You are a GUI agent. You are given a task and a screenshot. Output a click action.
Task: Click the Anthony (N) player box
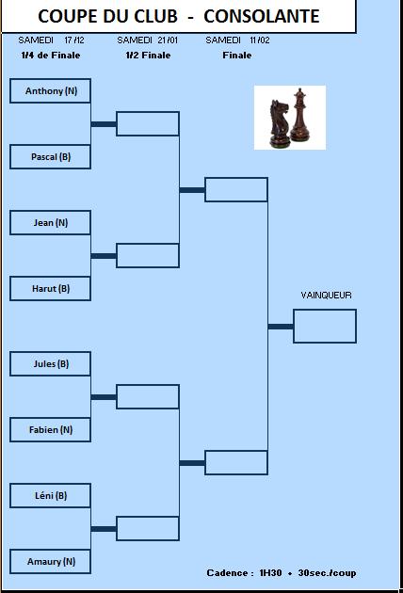(50, 90)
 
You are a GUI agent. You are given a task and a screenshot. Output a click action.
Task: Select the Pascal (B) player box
(50, 156)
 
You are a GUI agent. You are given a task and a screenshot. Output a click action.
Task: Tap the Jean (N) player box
(50, 222)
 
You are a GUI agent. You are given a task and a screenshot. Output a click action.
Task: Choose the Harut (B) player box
(50, 289)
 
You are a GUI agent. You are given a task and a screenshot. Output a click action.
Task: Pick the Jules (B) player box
(50, 364)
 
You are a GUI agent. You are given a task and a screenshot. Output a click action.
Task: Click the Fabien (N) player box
(50, 429)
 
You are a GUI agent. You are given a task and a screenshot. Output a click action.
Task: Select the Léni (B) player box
(50, 495)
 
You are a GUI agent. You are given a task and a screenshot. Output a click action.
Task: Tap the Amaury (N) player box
(50, 561)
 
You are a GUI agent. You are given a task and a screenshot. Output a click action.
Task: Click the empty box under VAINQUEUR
(325, 326)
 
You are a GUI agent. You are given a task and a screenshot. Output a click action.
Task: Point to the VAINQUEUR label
(326, 295)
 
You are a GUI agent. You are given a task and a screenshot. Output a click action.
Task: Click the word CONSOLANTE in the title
(262, 16)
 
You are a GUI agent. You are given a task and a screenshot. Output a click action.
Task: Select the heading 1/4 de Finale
(51, 56)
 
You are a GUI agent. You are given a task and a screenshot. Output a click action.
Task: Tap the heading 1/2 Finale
(149, 56)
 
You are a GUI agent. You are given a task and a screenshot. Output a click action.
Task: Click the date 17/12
(74, 40)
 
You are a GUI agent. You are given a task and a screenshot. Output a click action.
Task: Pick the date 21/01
(168, 40)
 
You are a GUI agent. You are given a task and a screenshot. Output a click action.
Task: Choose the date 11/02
(260, 40)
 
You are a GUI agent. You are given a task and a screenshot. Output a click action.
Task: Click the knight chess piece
(280, 123)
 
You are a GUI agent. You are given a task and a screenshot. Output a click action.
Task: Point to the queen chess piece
(300, 115)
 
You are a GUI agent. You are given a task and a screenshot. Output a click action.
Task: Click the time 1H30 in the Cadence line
(270, 572)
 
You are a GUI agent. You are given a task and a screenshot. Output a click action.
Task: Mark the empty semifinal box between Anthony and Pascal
(148, 123)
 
